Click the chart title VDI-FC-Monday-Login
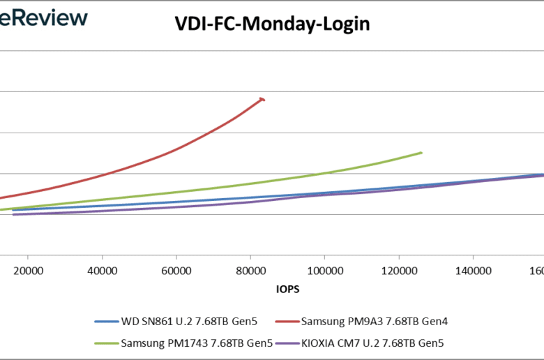pos(271,24)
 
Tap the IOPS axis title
pos(287,287)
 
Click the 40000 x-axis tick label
pos(102,269)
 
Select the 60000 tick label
pos(176,269)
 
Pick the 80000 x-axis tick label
pos(250,269)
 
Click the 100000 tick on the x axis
pos(324,269)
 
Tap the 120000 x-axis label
pos(399,269)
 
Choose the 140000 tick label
pos(473,269)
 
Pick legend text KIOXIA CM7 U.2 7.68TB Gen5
pos(374,343)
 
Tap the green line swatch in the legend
pos(107,343)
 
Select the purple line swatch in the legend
pos(285,343)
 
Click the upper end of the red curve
pos(263,99)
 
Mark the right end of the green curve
pos(421,153)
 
